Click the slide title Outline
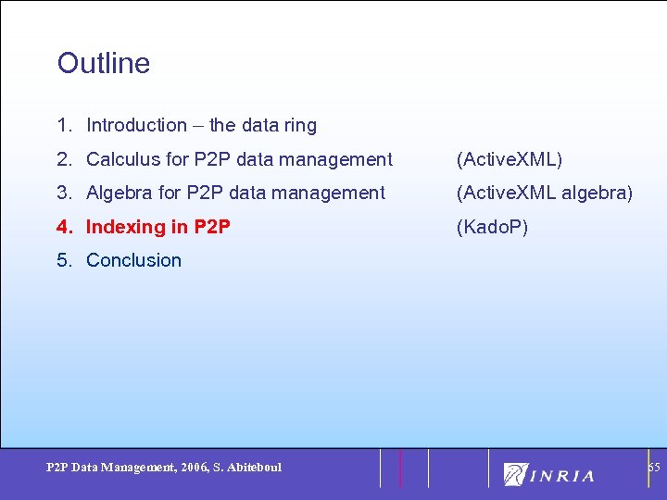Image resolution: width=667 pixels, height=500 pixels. pos(103,63)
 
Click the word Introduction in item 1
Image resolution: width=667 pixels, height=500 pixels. pos(136,125)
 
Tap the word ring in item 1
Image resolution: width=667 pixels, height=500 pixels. pos(300,126)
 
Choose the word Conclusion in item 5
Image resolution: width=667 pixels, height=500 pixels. pos(133,260)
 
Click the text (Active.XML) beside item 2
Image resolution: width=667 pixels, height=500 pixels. pos(509,159)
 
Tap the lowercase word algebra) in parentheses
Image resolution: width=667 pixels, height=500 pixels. pos(598,193)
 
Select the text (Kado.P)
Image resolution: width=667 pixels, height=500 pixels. pos(492,226)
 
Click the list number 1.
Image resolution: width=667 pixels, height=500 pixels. pos(63,125)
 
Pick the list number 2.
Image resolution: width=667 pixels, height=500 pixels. pos(63,159)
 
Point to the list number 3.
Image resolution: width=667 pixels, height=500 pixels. pos(63,193)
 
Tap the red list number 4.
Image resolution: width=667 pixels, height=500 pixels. pos(63,226)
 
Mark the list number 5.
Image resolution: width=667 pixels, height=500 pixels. pos(63,260)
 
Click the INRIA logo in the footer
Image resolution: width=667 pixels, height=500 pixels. pos(549,474)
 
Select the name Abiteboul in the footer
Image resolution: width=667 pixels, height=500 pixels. pos(252,468)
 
